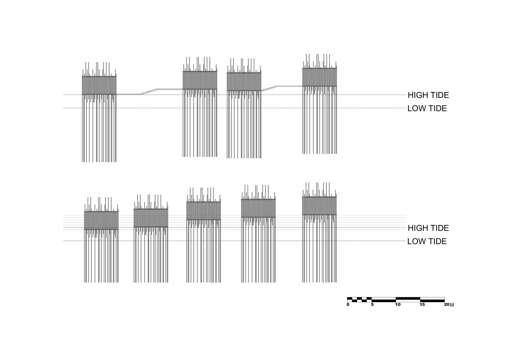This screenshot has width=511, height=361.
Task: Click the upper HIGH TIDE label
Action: click(x=428, y=95)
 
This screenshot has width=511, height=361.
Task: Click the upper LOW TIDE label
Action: click(x=427, y=109)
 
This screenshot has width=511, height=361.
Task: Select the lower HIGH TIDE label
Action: click(x=428, y=228)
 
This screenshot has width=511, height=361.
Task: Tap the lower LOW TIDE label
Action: click(x=427, y=241)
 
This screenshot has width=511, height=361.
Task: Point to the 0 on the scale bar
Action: click(x=348, y=305)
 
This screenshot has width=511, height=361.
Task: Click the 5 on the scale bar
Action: click(x=372, y=305)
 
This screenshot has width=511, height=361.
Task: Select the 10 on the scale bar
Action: click(x=398, y=305)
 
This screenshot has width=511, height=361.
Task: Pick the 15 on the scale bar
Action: click(x=422, y=305)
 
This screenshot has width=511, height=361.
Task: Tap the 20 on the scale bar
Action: click(x=446, y=305)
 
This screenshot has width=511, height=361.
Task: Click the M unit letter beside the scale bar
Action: click(x=452, y=305)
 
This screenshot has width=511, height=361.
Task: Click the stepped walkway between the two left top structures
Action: click(x=149, y=91)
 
